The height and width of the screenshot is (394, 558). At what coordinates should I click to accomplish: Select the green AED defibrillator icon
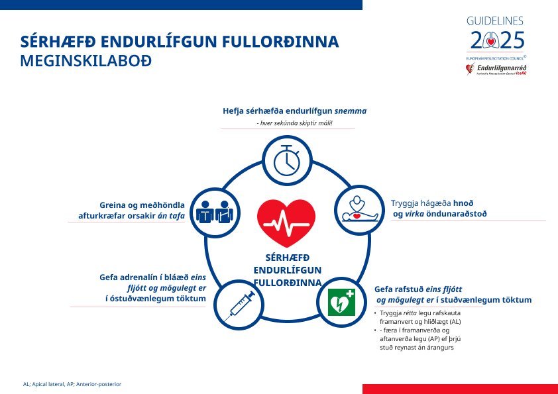pos(343,302)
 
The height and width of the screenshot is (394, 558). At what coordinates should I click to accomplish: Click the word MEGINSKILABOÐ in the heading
pos(86,62)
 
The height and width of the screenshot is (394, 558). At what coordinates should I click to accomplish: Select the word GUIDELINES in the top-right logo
pos(495,21)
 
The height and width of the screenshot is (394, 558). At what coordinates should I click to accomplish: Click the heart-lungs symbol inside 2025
pos(491,42)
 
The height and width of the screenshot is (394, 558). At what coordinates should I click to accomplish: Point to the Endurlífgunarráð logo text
pos(502,68)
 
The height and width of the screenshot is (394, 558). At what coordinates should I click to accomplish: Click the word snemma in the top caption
pos(351,111)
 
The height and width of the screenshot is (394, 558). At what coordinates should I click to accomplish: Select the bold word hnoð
pos(463,203)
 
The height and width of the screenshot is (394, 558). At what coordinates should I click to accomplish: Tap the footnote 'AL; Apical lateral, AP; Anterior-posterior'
pos(72,384)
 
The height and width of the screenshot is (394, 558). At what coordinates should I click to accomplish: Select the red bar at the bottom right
pos(460,389)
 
